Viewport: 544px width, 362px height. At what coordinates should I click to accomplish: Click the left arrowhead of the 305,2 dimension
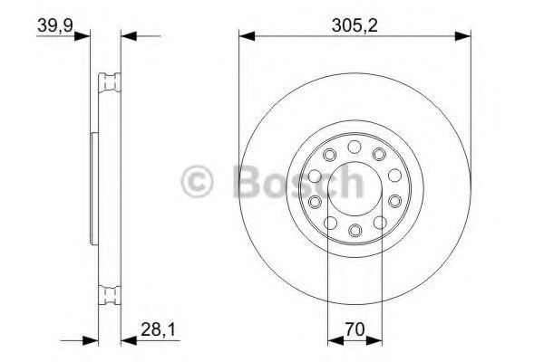pos(245,36)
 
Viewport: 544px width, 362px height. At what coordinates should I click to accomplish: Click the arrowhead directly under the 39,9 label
pos(87,36)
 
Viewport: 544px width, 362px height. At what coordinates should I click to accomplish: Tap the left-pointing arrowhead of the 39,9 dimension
pos(128,36)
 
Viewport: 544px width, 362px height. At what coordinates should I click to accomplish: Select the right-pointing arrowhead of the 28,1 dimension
pos(90,342)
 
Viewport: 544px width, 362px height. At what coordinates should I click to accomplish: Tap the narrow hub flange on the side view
pos(93,187)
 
